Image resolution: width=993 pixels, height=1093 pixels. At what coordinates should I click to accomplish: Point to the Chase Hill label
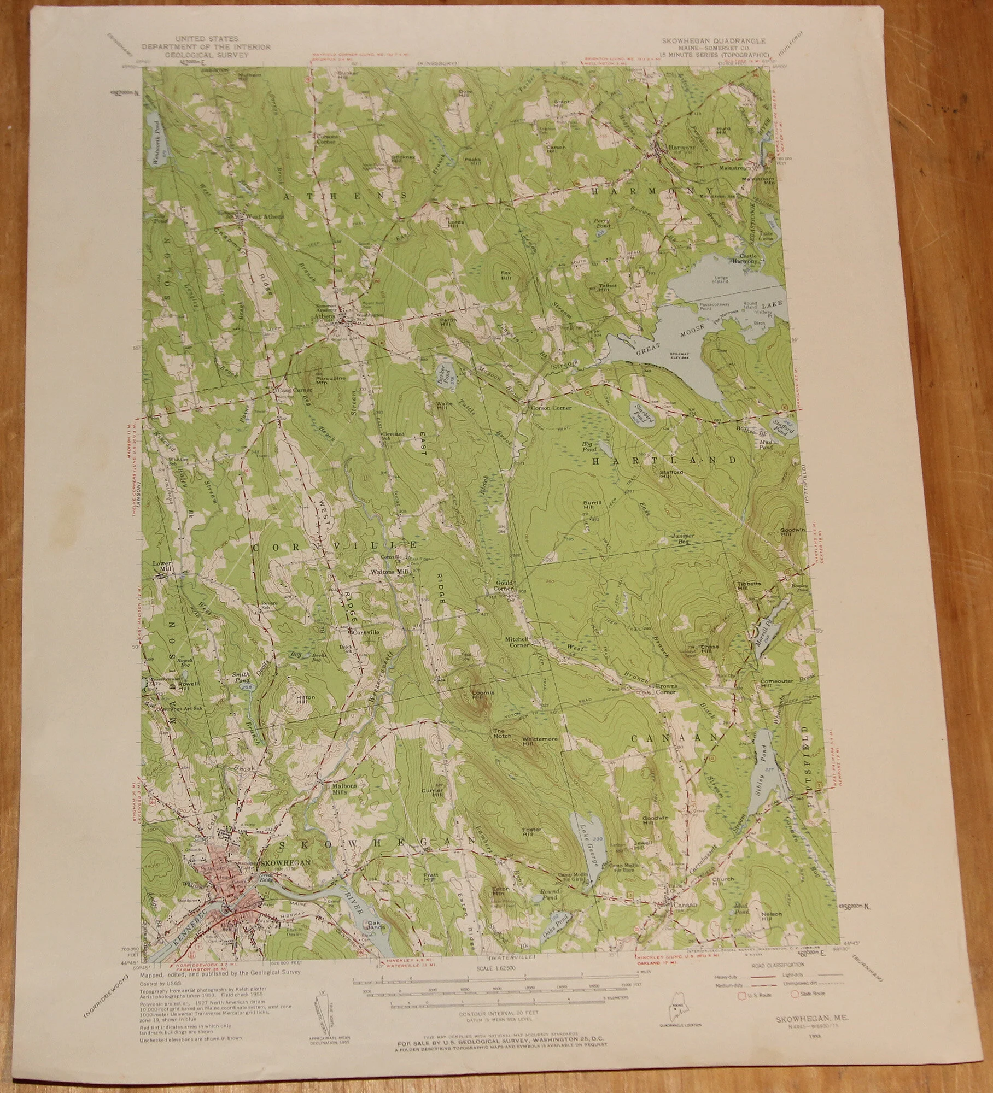(710, 649)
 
